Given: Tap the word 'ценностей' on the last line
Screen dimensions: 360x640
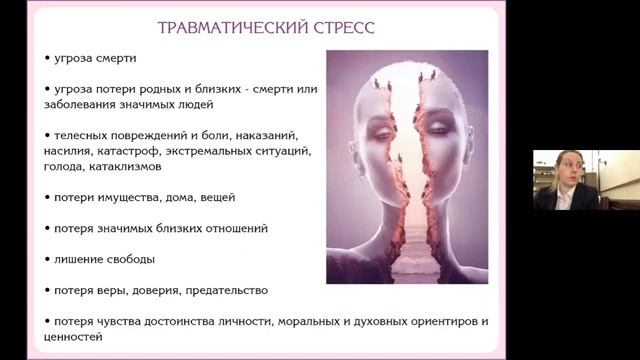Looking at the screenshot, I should click(74, 338).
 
